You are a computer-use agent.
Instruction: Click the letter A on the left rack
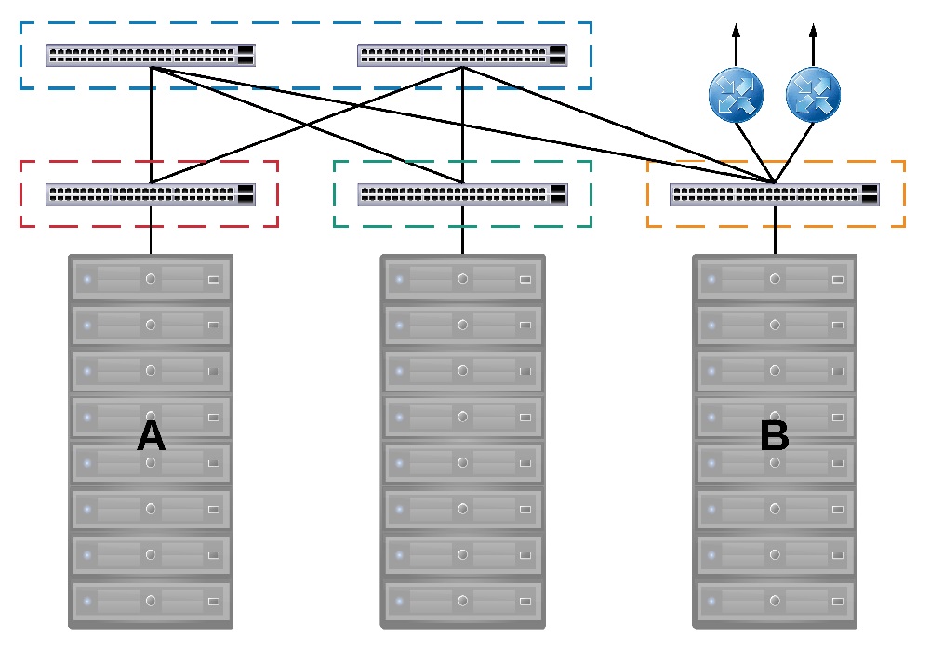pos(151,435)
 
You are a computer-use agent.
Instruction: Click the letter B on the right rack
pos(774,435)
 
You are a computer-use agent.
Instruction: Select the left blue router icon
pos(736,97)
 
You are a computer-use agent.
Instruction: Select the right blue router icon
pos(813,97)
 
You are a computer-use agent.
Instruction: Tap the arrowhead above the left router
pos(736,31)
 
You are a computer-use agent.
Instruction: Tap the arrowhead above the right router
pos(813,31)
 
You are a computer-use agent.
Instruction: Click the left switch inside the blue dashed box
pos(151,55)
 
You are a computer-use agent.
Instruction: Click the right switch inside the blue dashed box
pos(462,55)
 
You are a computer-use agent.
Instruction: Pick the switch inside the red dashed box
pos(151,194)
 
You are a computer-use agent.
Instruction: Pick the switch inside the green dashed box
pos(462,194)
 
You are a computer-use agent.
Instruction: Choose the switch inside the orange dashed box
pos(775,194)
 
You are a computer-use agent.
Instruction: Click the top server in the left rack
pos(151,278)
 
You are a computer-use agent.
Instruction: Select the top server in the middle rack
pos(462,278)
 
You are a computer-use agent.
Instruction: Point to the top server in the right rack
pos(775,278)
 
